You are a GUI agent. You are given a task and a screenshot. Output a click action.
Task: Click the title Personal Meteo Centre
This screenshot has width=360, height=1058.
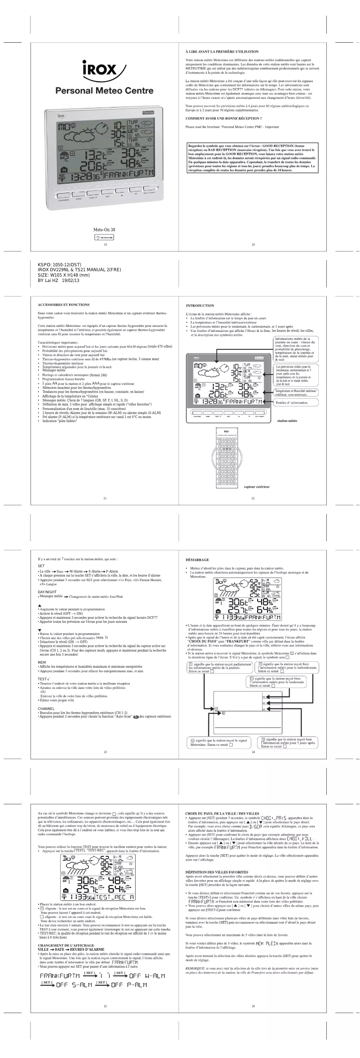tap(104, 91)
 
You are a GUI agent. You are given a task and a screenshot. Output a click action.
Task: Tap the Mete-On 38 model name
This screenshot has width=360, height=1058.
tap(104, 229)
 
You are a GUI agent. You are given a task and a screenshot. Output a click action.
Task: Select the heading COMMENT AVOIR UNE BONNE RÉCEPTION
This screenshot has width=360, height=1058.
tap(224, 118)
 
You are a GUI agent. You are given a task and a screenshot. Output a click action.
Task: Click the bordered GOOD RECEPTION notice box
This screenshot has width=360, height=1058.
tap(253, 158)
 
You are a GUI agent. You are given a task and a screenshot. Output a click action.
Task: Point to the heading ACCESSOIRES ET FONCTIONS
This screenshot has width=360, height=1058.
tap(64, 304)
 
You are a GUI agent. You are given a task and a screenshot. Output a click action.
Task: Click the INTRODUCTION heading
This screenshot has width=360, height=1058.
tap(200, 305)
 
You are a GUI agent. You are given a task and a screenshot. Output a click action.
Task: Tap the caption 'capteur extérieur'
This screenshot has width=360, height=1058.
tap(256, 486)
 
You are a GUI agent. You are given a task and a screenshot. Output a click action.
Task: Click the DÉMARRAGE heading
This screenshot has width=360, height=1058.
tap(197, 560)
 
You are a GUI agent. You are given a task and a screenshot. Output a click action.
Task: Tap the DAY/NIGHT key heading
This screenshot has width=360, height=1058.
tap(47, 592)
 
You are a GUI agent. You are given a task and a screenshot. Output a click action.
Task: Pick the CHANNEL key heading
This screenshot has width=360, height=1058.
tap(46, 708)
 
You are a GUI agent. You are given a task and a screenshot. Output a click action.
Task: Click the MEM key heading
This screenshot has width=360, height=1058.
tap(41, 662)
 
